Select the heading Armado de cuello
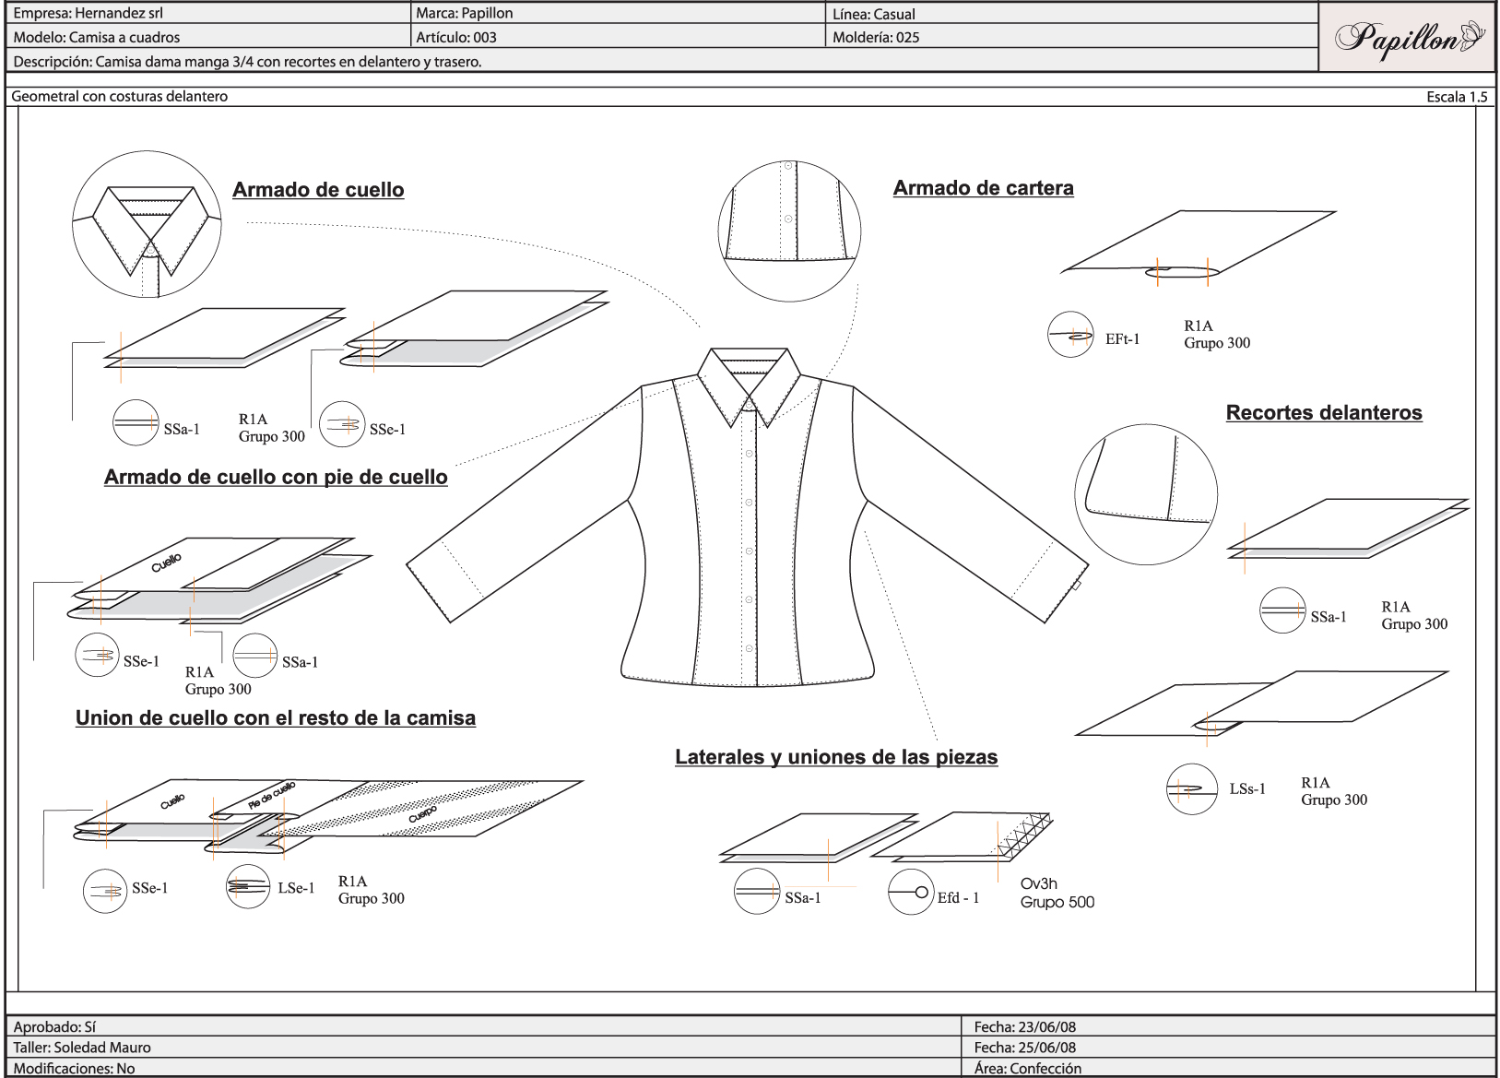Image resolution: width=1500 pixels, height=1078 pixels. click(318, 190)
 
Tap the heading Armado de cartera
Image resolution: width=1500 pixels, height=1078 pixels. click(983, 188)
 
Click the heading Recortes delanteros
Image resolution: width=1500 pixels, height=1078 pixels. click(1323, 413)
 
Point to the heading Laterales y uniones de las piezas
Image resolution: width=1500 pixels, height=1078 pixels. click(836, 757)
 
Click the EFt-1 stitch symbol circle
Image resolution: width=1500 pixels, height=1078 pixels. click(1070, 335)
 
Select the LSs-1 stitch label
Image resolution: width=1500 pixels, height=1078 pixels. click(1246, 789)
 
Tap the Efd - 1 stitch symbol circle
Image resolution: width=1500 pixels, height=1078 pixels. click(911, 892)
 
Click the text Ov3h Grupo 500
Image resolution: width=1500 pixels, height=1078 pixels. click(1057, 893)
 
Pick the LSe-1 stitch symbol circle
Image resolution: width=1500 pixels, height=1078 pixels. click(248, 886)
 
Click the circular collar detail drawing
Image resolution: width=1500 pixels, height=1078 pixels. click(147, 226)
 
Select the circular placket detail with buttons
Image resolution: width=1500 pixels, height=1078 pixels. click(789, 231)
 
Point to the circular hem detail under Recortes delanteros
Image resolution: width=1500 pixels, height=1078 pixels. click(1145, 495)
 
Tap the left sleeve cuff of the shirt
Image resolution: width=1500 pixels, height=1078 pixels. click(445, 577)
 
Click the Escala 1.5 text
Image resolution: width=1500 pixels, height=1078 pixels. click(1456, 97)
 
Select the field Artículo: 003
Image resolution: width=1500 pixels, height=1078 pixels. click(456, 38)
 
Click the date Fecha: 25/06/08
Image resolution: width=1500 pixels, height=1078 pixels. click(1024, 1048)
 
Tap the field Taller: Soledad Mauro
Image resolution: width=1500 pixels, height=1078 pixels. click(82, 1048)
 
